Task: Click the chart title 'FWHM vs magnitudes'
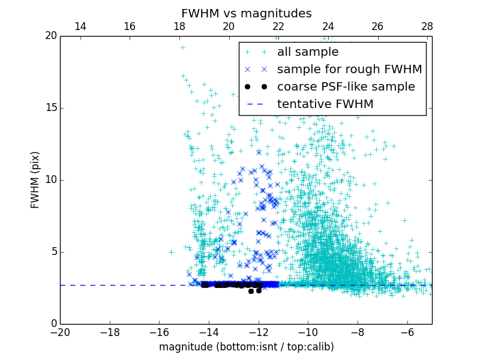(246, 13)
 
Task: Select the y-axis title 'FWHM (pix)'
(35, 180)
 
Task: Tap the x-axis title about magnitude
(246, 347)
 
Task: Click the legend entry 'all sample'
(308, 52)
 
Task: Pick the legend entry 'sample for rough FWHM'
(349, 70)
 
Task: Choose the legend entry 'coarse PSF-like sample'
(346, 87)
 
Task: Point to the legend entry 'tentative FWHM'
(325, 104)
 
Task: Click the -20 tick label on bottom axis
(60, 332)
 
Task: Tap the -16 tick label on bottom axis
(159, 332)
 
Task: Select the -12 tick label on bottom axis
(259, 332)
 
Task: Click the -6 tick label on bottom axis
(407, 332)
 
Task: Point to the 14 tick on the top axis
(80, 26)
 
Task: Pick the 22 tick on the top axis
(278, 26)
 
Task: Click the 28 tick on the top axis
(427, 26)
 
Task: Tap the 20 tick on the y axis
(50, 36)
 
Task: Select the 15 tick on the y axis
(50, 108)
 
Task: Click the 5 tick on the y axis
(53, 252)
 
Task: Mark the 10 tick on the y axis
(50, 180)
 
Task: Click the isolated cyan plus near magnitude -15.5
(171, 252)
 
